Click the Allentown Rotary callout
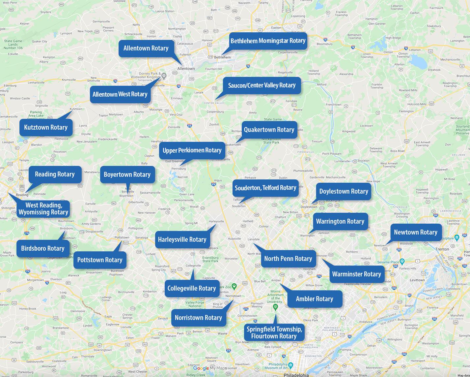pos(146,48)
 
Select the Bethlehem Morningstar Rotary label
pos(268,41)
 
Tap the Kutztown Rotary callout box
pos(46,128)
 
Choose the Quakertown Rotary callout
pos(269,130)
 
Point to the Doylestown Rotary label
pos(344,192)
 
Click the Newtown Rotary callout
pos(415,233)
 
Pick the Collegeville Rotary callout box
pos(191,289)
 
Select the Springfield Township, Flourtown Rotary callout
pos(274,332)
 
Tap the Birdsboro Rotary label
pos(43,249)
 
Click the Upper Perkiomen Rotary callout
pos(192,151)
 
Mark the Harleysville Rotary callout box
pos(182,240)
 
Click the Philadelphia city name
pos(296,375)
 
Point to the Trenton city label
pos(442,249)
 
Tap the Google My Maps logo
pos(210,368)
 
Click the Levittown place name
pos(417,280)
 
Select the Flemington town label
pos(406,111)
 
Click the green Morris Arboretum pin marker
pos(276,307)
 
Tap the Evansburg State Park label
pos(210,259)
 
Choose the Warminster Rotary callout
pos(356,274)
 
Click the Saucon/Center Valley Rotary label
pos(262,85)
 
